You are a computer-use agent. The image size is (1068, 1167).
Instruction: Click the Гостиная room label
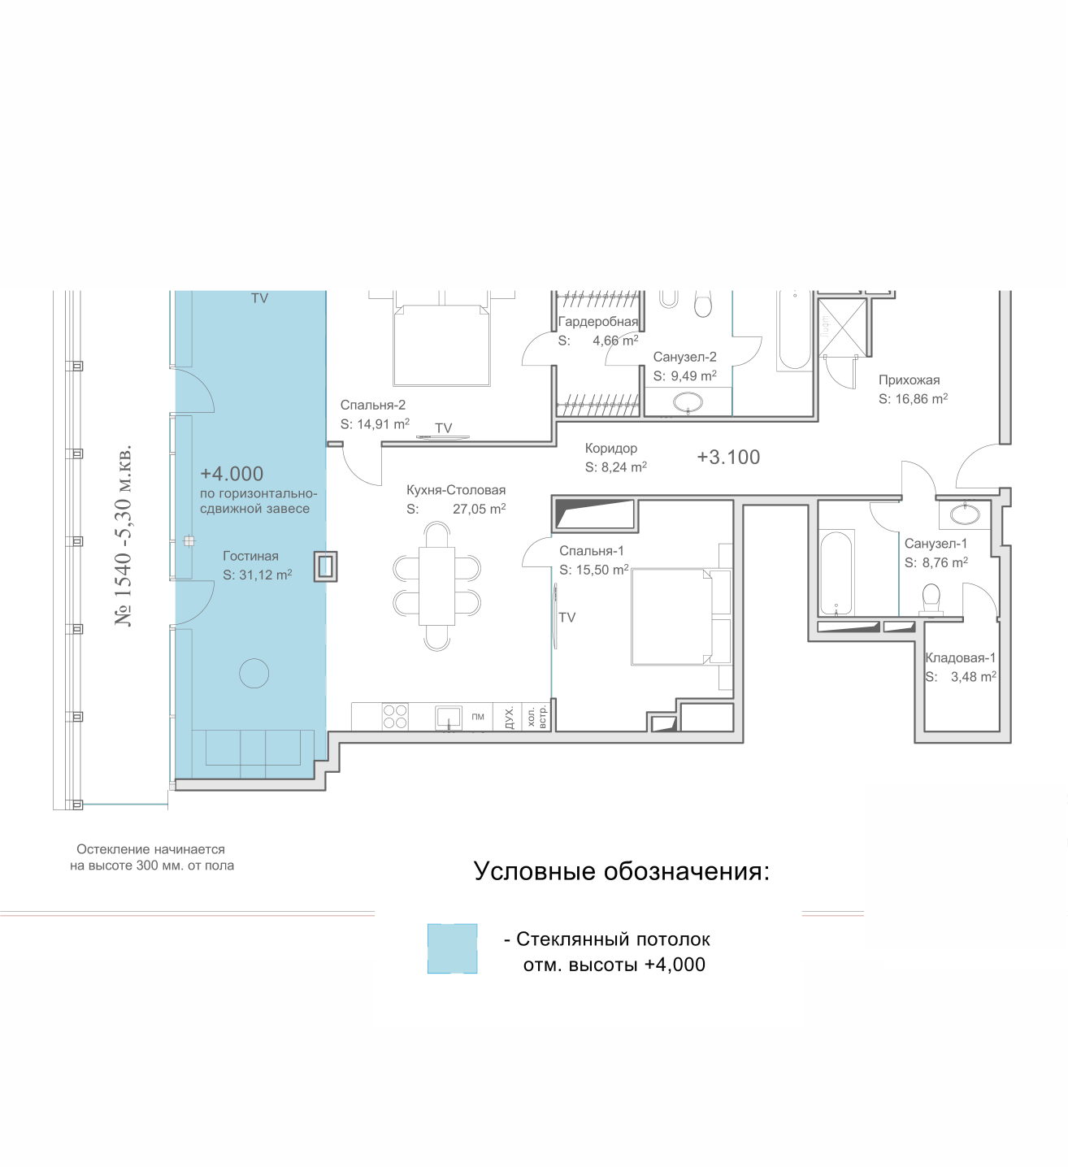(250, 556)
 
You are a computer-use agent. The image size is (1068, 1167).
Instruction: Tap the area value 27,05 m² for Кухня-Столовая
(479, 509)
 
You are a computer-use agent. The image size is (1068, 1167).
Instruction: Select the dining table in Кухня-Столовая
(436, 586)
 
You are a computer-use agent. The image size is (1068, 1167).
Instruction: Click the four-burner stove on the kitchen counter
(394, 716)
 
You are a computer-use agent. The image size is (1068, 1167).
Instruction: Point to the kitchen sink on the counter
(448, 718)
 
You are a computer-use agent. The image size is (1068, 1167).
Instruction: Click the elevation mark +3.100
(728, 457)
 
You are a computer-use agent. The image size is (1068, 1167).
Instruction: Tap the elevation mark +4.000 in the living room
(232, 474)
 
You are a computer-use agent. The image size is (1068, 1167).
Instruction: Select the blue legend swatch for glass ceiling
(452, 948)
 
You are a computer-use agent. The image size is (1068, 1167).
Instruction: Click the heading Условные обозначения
(621, 871)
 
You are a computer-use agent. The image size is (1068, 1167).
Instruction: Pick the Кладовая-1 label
(961, 657)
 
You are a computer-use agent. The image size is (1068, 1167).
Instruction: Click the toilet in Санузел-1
(931, 600)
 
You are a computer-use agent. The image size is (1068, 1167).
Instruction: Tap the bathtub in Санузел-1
(836, 573)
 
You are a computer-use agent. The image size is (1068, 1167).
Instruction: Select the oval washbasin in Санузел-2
(688, 401)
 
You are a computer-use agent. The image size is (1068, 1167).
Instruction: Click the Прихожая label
(910, 380)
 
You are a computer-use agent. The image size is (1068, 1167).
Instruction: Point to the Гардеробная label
(597, 321)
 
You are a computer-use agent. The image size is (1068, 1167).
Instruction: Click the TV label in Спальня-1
(567, 618)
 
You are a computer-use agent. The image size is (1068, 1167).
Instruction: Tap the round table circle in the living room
(254, 673)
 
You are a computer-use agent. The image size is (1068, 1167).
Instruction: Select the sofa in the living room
(253, 748)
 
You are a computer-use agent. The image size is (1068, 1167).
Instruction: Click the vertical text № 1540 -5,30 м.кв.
(124, 535)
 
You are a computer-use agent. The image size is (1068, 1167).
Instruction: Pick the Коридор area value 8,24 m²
(616, 466)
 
